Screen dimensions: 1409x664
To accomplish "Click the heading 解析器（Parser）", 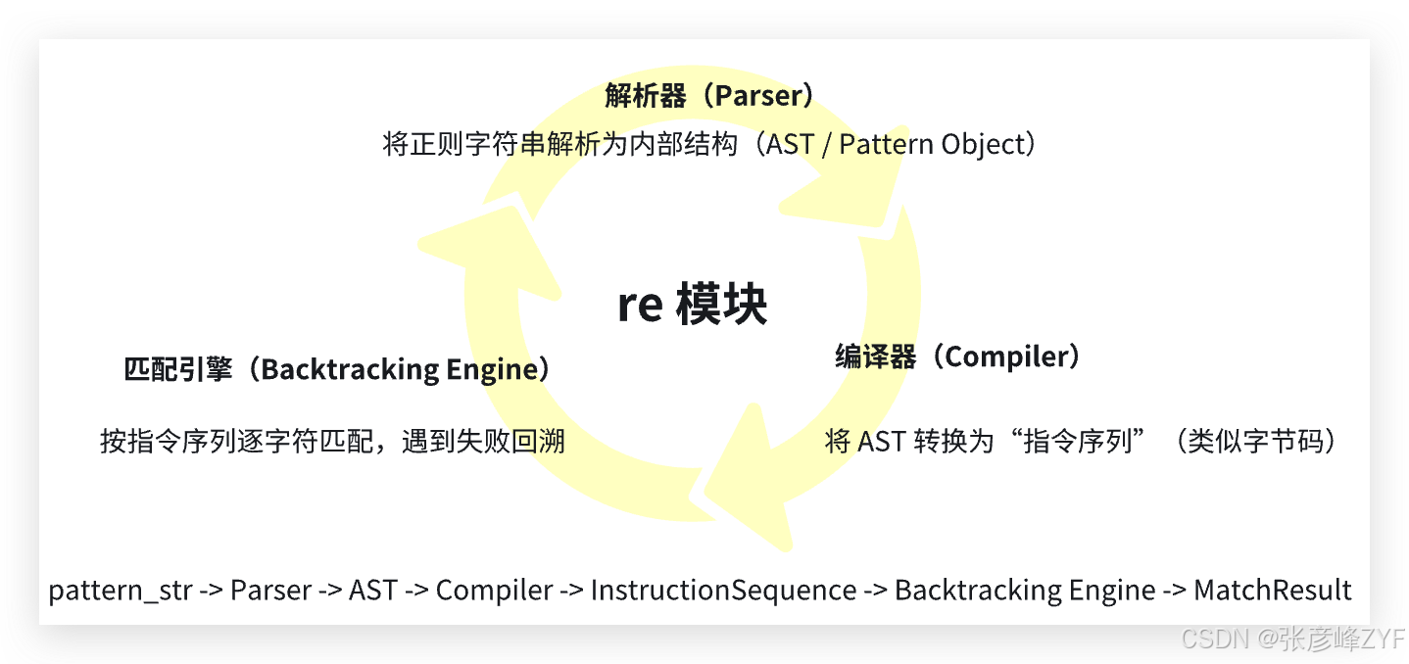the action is (x=709, y=95).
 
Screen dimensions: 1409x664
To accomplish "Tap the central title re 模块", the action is (x=692, y=306).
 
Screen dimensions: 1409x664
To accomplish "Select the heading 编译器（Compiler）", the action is (x=958, y=356).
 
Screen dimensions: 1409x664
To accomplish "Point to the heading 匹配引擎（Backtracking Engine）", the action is (x=337, y=369).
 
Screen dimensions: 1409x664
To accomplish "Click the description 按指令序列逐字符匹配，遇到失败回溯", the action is (x=332, y=441).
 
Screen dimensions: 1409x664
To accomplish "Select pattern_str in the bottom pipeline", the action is (x=121, y=591).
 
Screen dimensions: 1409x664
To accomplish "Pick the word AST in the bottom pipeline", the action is (x=373, y=591).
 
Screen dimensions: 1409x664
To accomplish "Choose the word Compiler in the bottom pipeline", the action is (x=494, y=591).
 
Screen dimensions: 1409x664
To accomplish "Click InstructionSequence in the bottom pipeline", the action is (x=723, y=591).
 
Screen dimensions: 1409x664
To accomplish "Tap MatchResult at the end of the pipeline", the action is (x=1272, y=591).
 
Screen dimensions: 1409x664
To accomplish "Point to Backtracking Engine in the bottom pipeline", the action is (x=1024, y=591).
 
